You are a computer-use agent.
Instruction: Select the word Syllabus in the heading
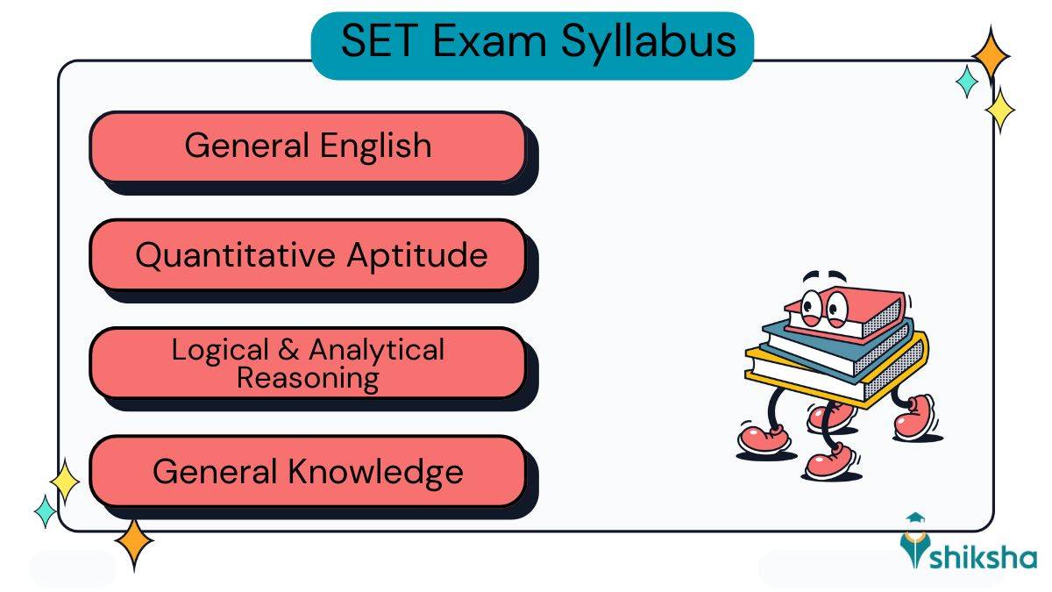click(648, 43)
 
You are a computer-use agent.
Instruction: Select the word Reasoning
click(308, 378)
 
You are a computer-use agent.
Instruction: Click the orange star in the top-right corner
click(992, 55)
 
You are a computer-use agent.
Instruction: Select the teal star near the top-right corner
click(967, 81)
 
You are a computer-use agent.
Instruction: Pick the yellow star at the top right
click(999, 111)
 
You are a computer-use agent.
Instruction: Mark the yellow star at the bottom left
click(64, 481)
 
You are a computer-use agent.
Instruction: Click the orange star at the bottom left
click(134, 544)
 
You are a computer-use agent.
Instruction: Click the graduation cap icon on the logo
click(916, 521)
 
